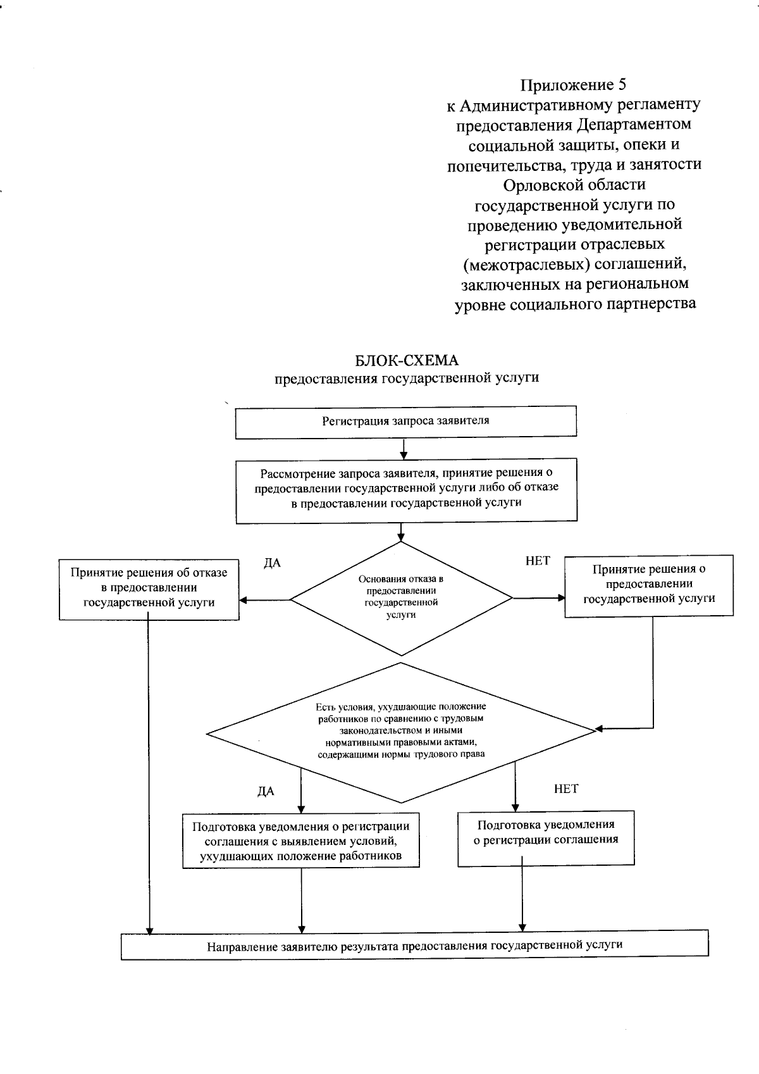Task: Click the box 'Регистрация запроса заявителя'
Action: [x=405, y=421]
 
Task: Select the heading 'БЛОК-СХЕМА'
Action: [x=407, y=361]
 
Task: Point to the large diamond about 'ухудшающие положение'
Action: [x=401, y=732]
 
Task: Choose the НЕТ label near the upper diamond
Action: [x=538, y=561]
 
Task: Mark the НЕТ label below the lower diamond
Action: [x=566, y=789]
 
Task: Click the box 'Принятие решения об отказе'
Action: [x=149, y=589]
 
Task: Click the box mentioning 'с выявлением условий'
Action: [x=300, y=841]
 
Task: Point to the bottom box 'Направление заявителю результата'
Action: [x=414, y=946]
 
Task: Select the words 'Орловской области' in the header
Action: [x=574, y=185]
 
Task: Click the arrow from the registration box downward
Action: [x=404, y=448]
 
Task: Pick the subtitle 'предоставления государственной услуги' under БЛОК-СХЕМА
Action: [x=407, y=378]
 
